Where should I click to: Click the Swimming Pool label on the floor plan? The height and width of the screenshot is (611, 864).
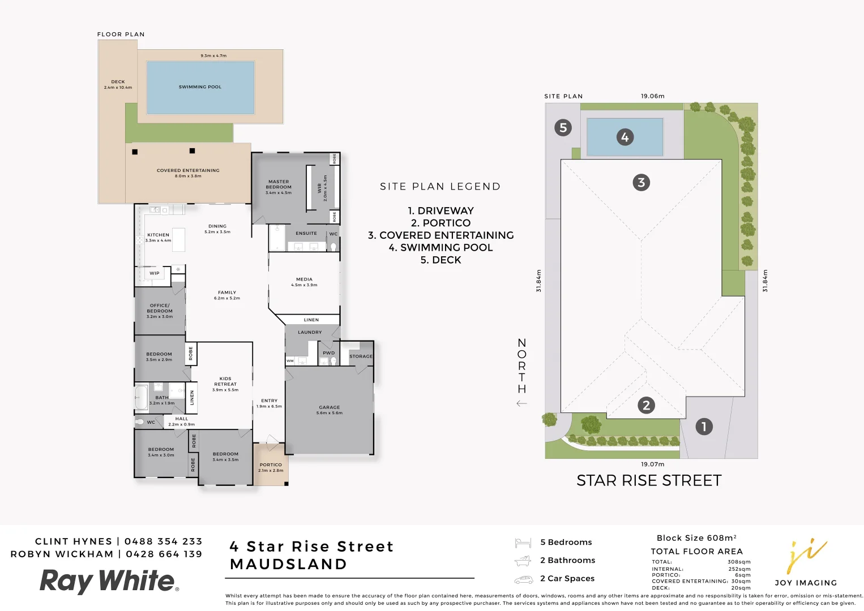pyautogui.click(x=200, y=87)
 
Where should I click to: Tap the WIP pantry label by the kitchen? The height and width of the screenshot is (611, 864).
pyautogui.click(x=154, y=273)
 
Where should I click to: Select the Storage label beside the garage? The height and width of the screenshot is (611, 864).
pyautogui.click(x=361, y=356)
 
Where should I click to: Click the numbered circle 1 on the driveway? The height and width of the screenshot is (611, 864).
pyautogui.click(x=704, y=427)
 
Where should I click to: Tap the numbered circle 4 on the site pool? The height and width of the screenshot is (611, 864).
pyautogui.click(x=625, y=137)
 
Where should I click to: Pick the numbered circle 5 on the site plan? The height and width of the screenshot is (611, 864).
pyautogui.click(x=563, y=127)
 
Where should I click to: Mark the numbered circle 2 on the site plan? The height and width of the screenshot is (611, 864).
pyautogui.click(x=646, y=405)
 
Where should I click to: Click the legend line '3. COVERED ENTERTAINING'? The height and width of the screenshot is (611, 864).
pyautogui.click(x=440, y=235)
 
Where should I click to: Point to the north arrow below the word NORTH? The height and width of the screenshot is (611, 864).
pyautogui.click(x=521, y=403)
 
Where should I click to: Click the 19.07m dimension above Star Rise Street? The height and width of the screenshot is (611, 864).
pyautogui.click(x=652, y=464)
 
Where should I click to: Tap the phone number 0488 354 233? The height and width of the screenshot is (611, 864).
pyautogui.click(x=163, y=541)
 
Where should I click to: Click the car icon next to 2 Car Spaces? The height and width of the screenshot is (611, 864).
pyautogui.click(x=523, y=579)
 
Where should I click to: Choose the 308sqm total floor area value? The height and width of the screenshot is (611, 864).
pyautogui.click(x=739, y=562)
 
